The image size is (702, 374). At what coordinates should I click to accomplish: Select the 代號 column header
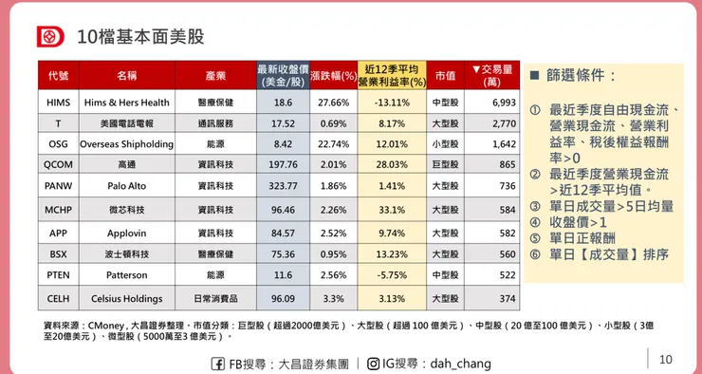58,76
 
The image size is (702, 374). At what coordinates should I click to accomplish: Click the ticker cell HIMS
58,103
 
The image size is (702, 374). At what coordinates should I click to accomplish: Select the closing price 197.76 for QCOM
283,165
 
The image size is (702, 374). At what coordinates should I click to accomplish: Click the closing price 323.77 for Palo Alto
283,186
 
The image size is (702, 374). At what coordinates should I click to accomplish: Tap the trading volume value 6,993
504,103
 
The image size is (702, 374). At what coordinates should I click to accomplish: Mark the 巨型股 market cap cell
445,165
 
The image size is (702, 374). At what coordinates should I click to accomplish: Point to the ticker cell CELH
58,298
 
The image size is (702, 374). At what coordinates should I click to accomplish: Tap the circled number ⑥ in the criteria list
535,254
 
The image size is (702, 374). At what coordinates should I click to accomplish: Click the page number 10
665,359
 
